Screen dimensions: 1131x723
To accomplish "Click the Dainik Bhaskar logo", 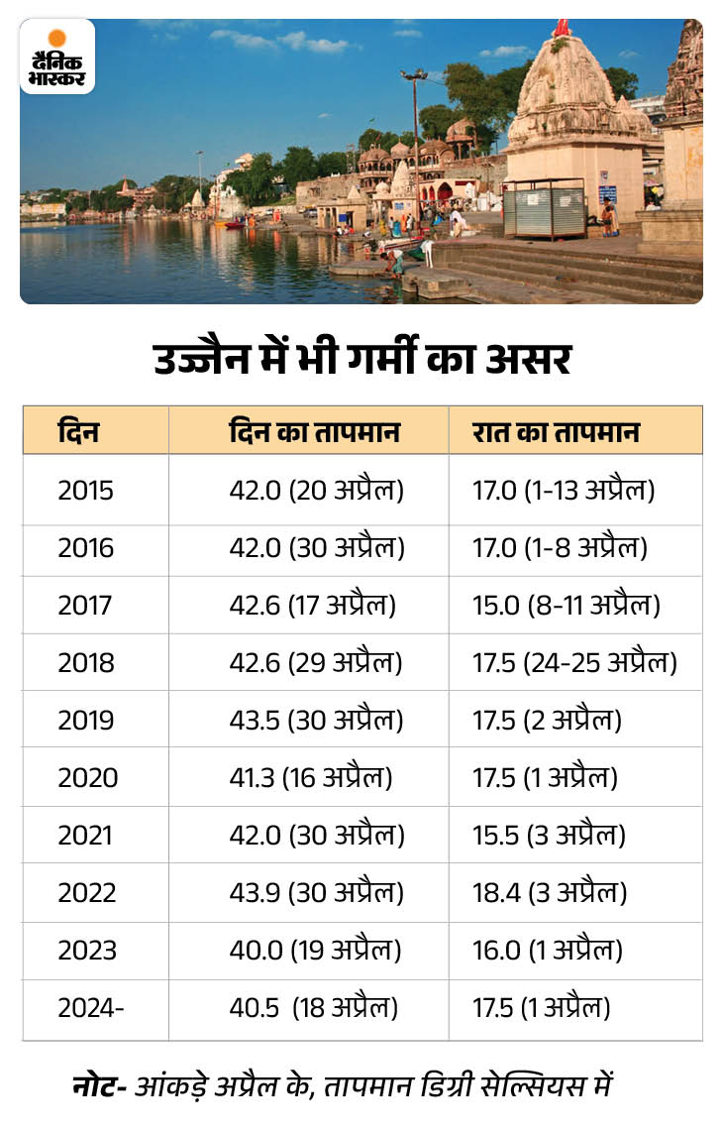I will pos(57,57).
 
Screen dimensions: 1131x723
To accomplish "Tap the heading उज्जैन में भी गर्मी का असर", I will pos(361,358).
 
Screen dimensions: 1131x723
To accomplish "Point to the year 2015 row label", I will pos(86,491).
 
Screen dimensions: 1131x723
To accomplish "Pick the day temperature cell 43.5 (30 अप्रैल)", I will pos(316,721).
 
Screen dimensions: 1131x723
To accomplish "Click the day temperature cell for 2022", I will pos(316,893).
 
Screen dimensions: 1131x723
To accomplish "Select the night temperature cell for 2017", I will pos(567,606).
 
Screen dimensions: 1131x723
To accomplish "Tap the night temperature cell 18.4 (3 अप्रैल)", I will pos(550,893).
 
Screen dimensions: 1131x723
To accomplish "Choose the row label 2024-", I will pos(91,1008).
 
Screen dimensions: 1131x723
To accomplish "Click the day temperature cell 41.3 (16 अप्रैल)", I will pos(311,778).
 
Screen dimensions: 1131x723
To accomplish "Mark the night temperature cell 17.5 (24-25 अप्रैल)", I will pos(574,663).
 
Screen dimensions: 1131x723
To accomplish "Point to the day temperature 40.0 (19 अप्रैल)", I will pos(315,951).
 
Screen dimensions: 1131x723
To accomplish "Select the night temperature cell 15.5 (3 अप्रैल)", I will pos(549,836).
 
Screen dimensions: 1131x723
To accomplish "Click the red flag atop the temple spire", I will pos(563,27).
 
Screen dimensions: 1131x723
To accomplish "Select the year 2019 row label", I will pos(86,721).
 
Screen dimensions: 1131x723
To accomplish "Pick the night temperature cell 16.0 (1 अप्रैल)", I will pos(548,951).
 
